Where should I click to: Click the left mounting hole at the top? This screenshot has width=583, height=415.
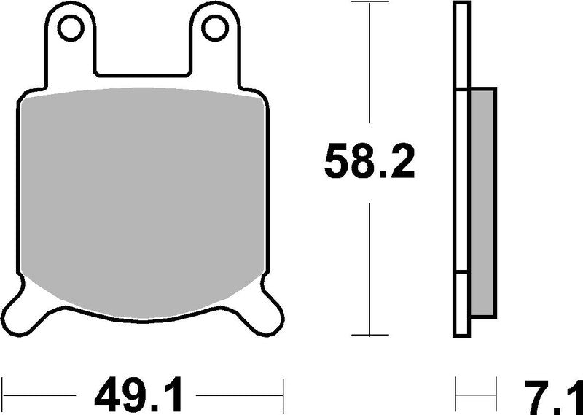pyautogui.click(x=71, y=28)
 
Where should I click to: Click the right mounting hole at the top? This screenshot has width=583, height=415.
pyautogui.click(x=215, y=28)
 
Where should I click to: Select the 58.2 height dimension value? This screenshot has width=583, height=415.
pyautogui.click(x=369, y=163)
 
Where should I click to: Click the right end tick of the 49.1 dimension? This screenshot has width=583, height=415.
pyautogui.click(x=282, y=397)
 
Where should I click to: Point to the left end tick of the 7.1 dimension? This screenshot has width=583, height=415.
pyautogui.click(x=456, y=397)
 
